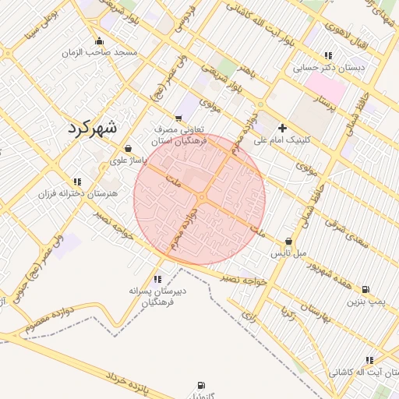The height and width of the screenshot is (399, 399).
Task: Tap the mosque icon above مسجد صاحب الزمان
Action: coord(98,41)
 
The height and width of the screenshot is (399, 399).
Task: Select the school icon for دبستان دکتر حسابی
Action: coord(327,55)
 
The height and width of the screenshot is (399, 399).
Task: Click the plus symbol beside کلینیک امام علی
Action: coord(282,127)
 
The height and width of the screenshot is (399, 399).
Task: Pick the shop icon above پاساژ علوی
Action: coord(128,148)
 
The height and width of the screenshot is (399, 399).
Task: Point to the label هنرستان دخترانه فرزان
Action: coord(76,192)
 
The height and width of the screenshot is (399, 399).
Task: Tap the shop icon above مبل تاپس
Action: coord(289,242)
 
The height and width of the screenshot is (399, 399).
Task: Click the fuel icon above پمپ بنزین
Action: coord(365,288)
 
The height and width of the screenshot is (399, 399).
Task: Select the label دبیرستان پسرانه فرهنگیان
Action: coord(157,295)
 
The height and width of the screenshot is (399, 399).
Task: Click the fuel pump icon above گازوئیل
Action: coord(203,385)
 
